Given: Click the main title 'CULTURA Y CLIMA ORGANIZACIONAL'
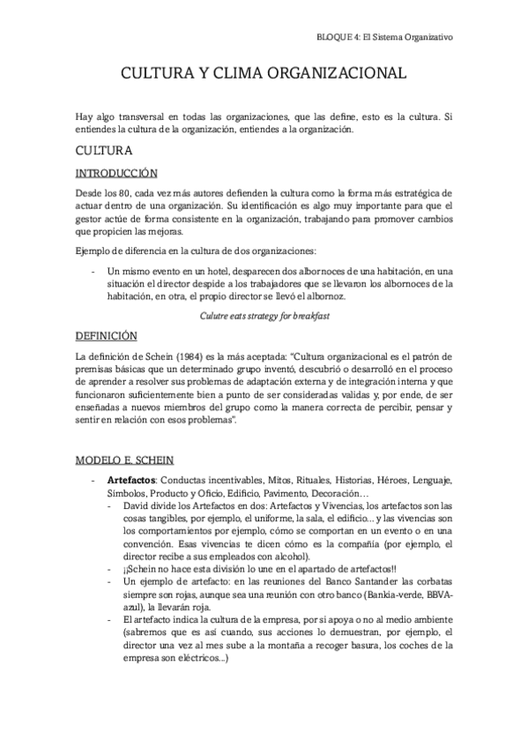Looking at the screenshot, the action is pos(264,75).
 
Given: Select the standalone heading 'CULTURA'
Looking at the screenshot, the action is pos(103,151).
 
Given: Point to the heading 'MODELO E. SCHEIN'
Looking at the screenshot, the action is pos(124,460).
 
